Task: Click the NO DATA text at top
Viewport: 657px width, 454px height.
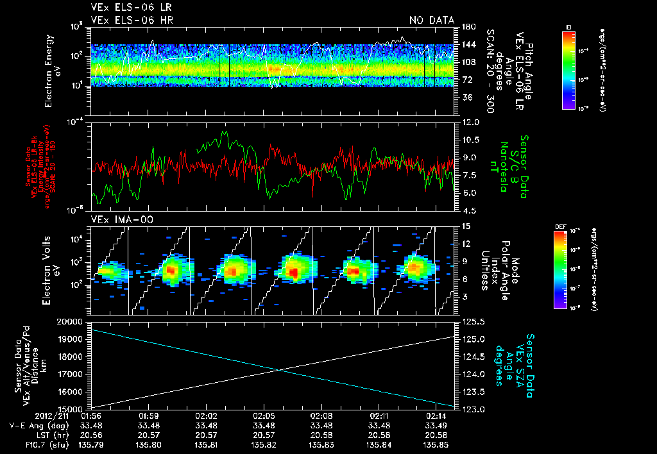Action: (431, 21)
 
